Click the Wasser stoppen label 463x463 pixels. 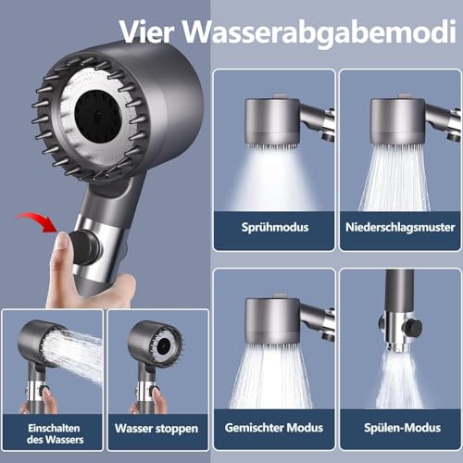click(x=156, y=429)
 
